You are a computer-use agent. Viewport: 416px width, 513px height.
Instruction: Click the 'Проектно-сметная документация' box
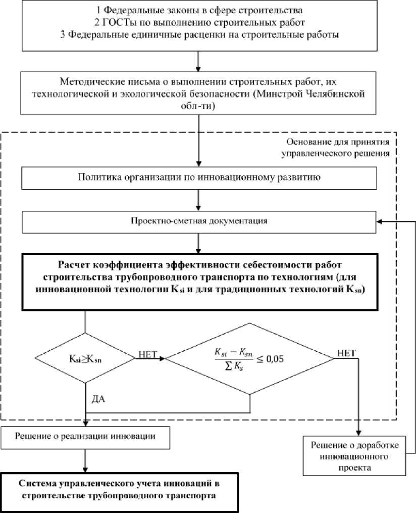[198, 221]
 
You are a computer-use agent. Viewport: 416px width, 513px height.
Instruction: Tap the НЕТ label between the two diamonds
[147, 355]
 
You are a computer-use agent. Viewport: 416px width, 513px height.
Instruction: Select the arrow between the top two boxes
[198, 61]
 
